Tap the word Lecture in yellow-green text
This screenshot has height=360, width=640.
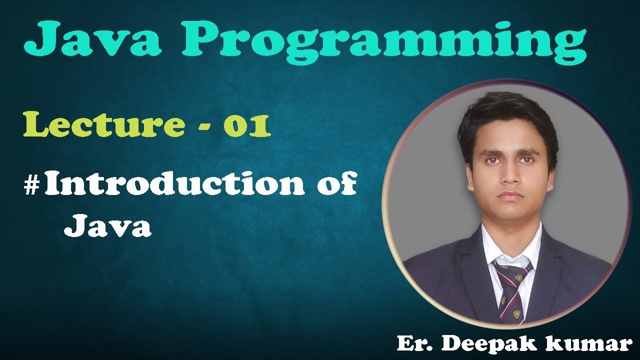coord(103,126)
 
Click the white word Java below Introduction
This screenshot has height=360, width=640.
coord(107,227)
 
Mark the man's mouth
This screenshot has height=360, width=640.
coord(506,195)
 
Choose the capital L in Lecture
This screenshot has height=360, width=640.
coord(34,126)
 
